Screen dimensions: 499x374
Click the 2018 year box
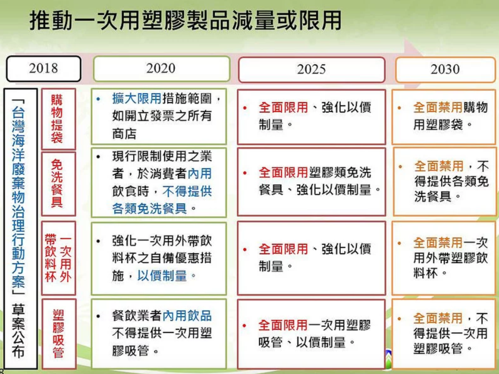[x=44, y=69]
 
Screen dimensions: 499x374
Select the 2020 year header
[x=162, y=69]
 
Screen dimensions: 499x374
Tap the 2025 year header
[x=312, y=70]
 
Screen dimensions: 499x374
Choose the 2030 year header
[x=445, y=70]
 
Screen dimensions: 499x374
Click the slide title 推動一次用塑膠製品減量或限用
[x=185, y=20]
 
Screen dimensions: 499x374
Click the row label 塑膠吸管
[x=59, y=334]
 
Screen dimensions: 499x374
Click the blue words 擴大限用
[x=137, y=99]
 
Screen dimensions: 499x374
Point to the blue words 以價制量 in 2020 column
[x=162, y=275]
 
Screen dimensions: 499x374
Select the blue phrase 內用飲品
[x=187, y=316]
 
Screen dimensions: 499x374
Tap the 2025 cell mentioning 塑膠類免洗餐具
[x=312, y=182]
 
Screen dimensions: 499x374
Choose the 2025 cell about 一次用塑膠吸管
[x=311, y=334]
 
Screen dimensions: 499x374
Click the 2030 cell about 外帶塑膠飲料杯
[x=443, y=258]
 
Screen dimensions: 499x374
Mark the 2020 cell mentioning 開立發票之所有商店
[x=159, y=116]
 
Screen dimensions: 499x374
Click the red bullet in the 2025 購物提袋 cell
[x=245, y=108]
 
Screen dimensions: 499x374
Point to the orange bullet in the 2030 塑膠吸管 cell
[x=399, y=319]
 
